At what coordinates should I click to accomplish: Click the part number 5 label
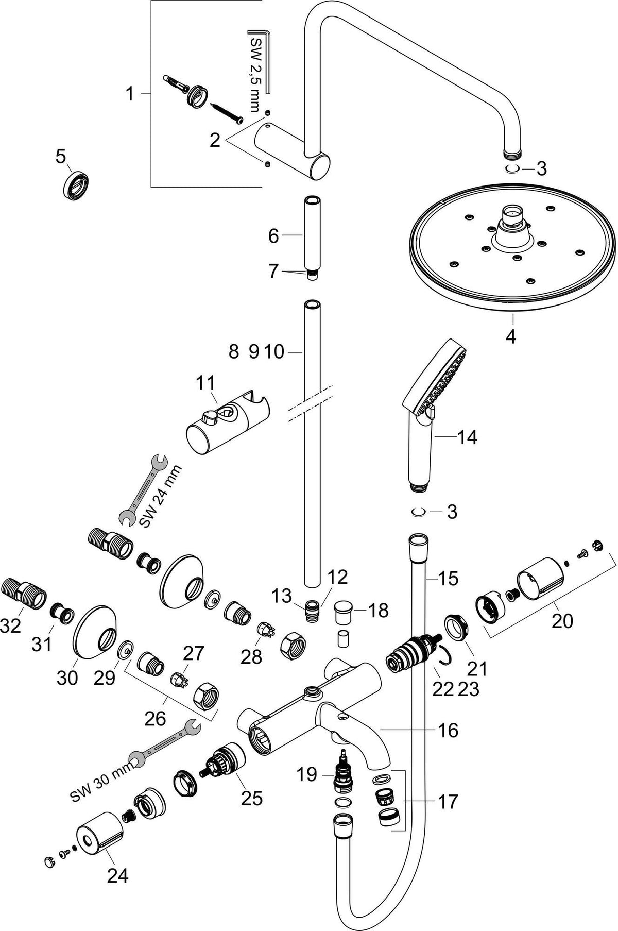(x=61, y=157)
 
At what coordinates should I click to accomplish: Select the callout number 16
(x=449, y=730)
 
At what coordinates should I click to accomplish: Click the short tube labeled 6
(x=312, y=234)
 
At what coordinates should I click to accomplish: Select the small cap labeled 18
(x=344, y=612)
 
